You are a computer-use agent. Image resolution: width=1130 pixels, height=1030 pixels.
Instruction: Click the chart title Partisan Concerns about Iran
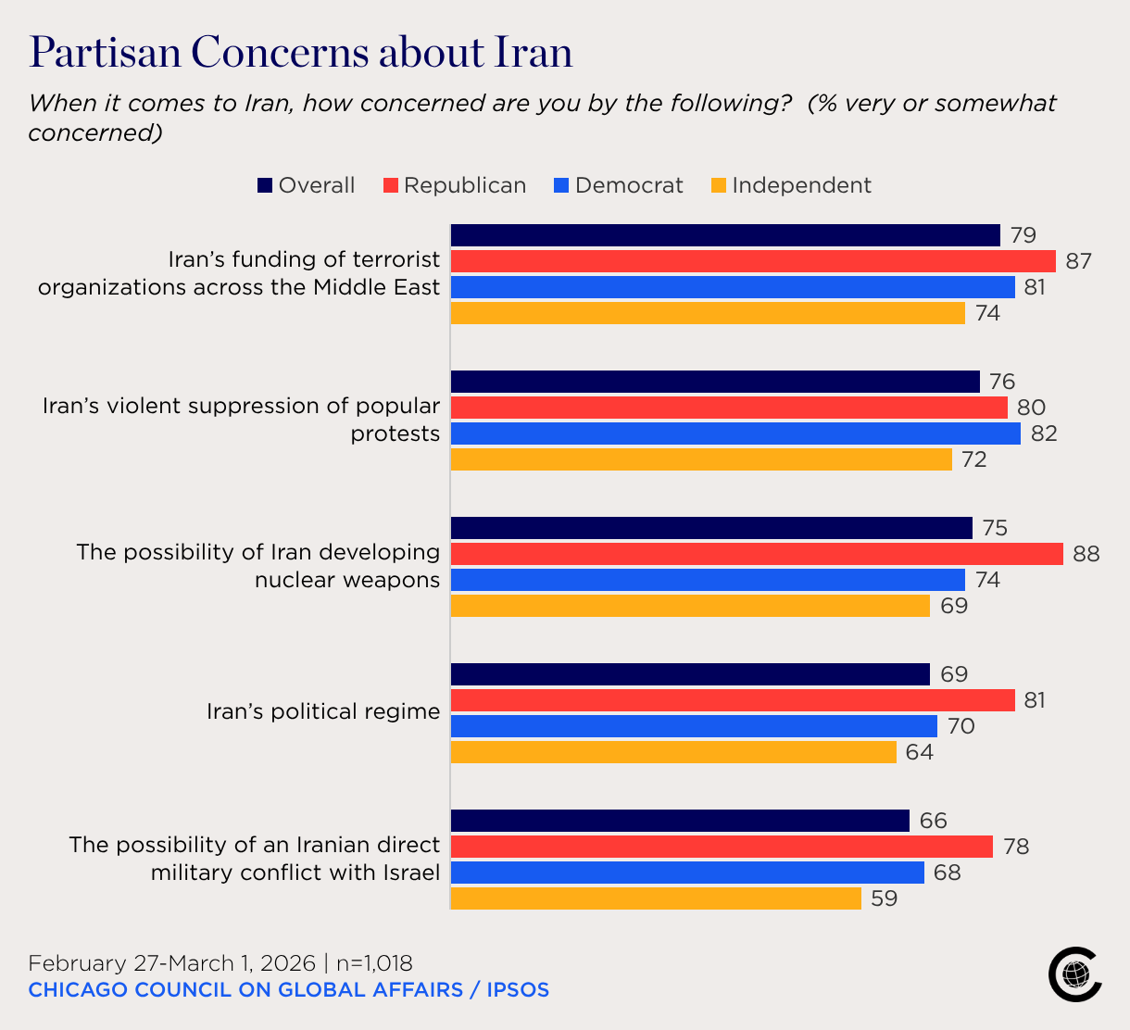point(301,53)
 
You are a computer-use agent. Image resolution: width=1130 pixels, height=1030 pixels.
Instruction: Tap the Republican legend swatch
point(390,185)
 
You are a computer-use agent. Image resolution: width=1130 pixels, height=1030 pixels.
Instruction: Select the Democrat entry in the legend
point(628,185)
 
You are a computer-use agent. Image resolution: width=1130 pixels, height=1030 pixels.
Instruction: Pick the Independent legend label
point(801,185)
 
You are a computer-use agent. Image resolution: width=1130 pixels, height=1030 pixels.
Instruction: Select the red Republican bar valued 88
point(757,554)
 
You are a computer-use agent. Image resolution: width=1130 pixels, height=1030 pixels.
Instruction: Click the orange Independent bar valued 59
point(656,898)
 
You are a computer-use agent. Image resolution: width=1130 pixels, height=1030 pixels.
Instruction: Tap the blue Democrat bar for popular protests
point(735,433)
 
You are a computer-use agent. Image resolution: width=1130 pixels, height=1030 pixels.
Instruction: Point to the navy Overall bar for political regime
point(690,674)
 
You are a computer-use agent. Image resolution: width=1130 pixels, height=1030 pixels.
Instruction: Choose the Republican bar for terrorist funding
point(753,261)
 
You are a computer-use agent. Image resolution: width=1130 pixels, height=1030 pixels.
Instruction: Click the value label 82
point(1044,433)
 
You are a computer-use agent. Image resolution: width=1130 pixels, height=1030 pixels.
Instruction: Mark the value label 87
point(1078,261)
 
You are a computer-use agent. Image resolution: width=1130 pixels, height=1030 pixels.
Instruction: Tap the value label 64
point(920,752)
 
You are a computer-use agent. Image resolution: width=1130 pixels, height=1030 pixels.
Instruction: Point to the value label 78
point(1016,847)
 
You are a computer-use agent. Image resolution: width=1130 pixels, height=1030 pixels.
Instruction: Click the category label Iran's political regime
point(322,711)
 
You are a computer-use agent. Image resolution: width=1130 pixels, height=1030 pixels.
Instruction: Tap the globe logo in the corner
point(1075,973)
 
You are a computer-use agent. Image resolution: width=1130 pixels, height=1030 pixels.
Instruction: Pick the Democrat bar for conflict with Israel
point(687,873)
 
